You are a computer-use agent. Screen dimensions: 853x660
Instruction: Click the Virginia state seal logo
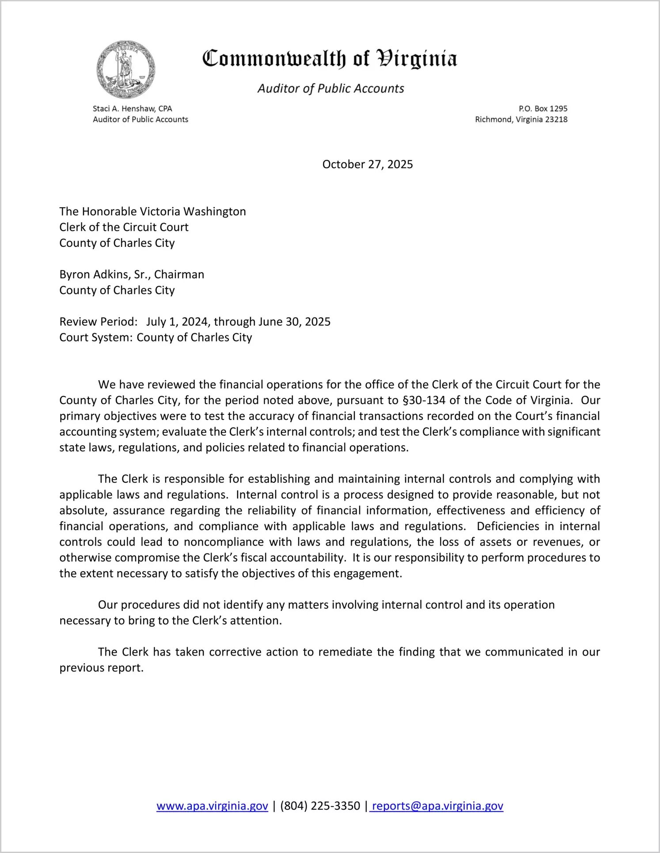126,70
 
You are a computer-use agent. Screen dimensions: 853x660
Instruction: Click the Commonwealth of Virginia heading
330,58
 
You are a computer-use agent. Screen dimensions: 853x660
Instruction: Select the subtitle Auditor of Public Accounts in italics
330,88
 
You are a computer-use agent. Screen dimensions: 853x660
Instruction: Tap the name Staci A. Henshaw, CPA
132,109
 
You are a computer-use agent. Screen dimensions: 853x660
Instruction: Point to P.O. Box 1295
542,109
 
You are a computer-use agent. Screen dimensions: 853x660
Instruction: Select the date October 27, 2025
367,164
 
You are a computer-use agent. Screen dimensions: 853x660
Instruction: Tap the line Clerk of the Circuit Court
124,227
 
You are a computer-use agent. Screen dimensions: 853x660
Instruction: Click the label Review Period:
98,322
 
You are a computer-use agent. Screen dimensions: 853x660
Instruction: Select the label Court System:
95,337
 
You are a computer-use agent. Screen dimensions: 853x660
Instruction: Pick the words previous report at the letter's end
101,668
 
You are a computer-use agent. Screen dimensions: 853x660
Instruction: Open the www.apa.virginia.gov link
212,806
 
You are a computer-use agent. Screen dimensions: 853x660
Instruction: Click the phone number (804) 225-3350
320,806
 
